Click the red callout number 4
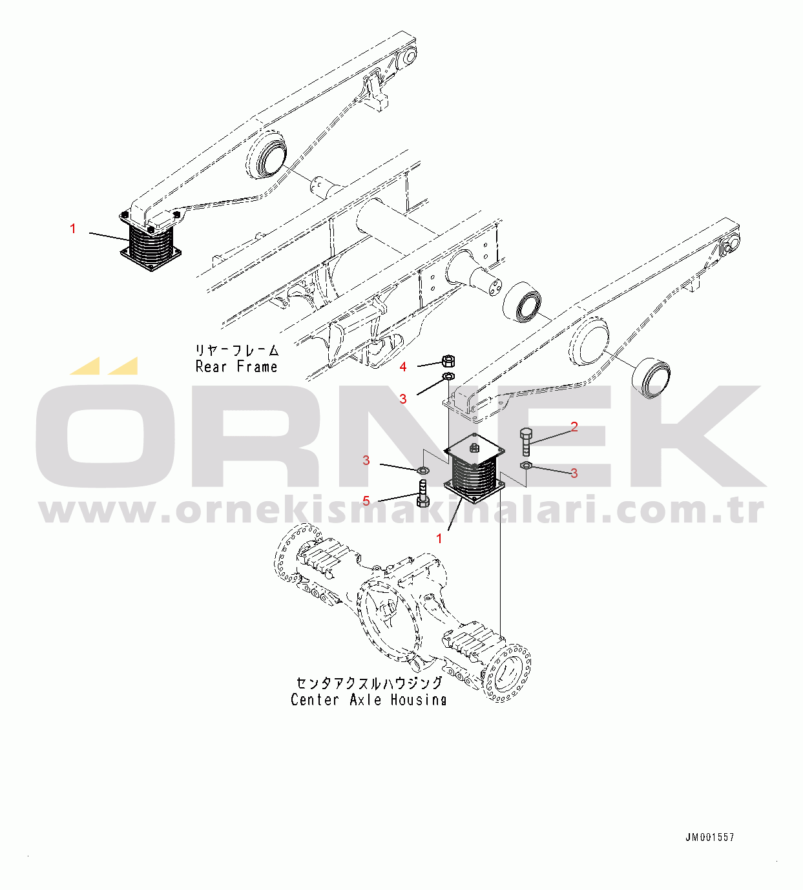[403, 367]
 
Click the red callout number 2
[574, 427]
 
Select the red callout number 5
[366, 501]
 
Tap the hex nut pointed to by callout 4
[448, 360]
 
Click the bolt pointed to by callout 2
[526, 442]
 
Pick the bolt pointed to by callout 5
[422, 493]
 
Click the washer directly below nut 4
[448, 377]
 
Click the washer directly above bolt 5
[424, 470]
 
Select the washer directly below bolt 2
[526, 465]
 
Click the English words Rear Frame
[236, 367]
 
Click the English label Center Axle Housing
[368, 700]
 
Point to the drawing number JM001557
[710, 837]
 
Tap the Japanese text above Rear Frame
[237, 351]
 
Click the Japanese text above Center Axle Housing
[370, 683]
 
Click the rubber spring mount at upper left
[151, 242]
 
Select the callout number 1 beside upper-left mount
[73, 229]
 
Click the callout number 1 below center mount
[439, 539]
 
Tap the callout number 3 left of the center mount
[366, 461]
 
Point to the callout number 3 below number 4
[403, 399]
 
